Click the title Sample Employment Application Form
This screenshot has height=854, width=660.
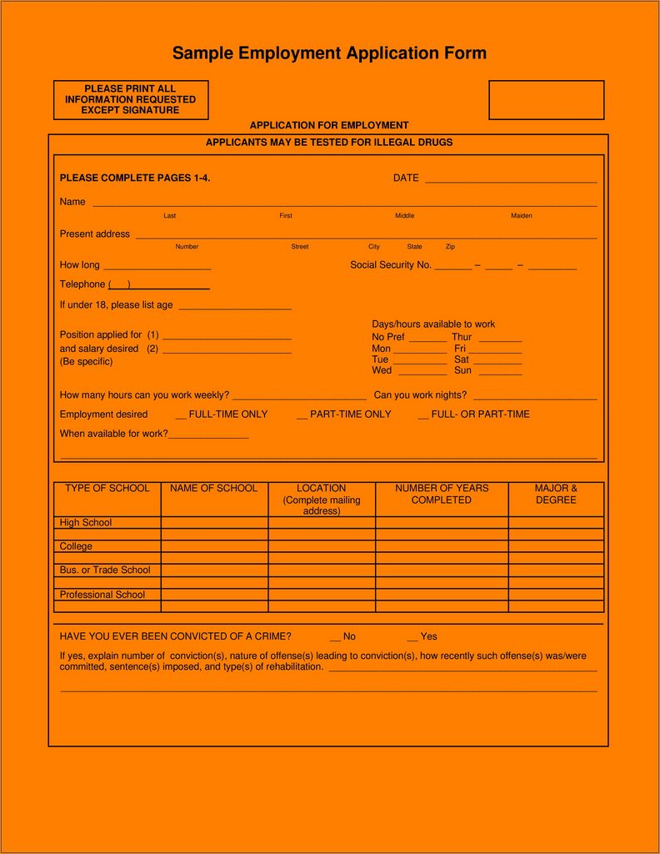tap(329, 53)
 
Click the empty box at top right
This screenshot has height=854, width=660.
tap(546, 100)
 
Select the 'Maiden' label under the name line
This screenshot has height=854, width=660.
tap(521, 216)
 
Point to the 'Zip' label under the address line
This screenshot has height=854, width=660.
tap(450, 247)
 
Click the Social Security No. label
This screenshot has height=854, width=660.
tap(390, 265)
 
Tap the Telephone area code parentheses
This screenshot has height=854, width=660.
tap(119, 285)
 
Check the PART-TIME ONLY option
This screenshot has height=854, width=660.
tap(302, 414)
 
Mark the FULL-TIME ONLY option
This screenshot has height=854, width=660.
tap(181, 414)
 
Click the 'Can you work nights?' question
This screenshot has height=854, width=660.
tap(420, 395)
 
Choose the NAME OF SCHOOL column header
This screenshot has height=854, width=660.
tap(213, 489)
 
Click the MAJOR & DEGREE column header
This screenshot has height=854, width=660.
tap(556, 495)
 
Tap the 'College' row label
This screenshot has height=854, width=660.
tap(76, 546)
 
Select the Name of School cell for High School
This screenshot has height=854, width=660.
tap(214, 523)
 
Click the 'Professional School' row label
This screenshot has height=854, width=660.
tap(102, 595)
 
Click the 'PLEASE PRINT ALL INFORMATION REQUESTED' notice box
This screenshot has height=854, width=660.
tap(130, 100)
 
